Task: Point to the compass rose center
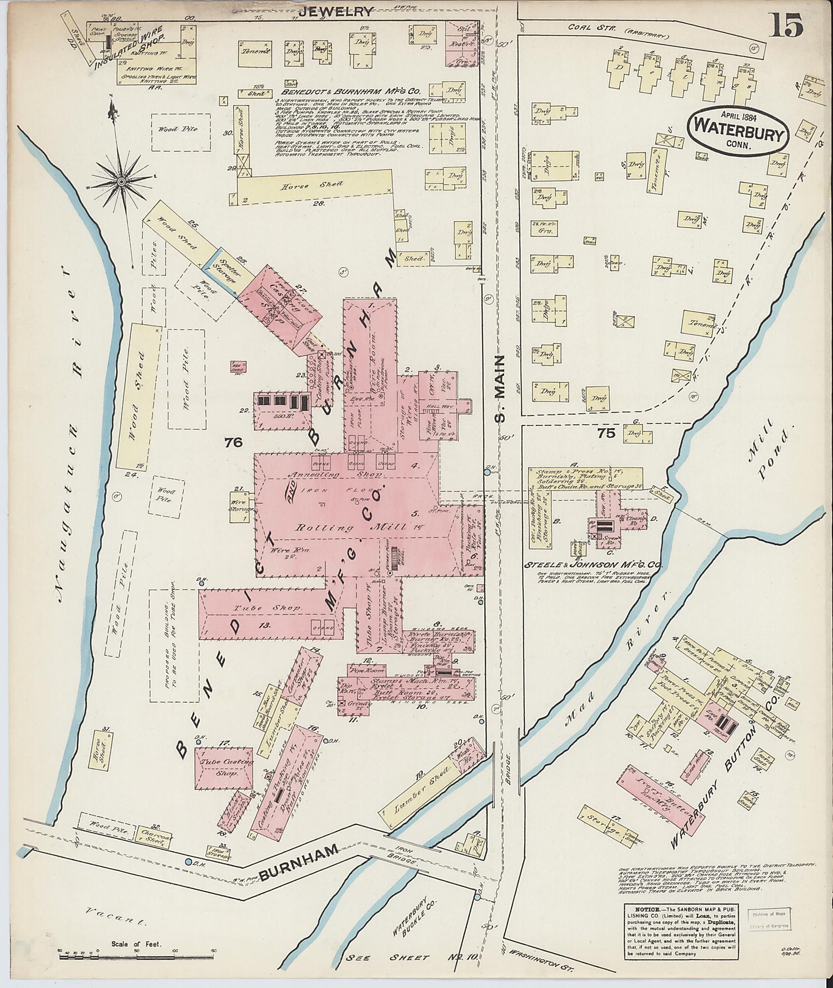coord(121,182)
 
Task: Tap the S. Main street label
coord(500,389)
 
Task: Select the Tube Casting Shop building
coord(224,766)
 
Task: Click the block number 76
coord(234,442)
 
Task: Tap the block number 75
coord(606,432)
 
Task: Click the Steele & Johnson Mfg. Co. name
coord(594,565)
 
